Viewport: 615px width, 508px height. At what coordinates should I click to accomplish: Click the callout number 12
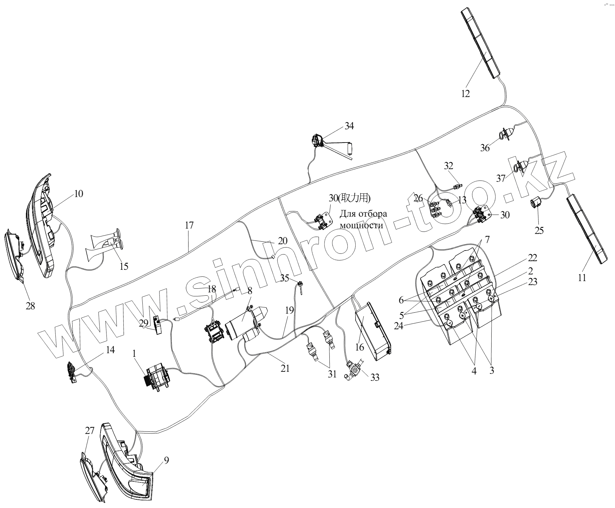click(465, 94)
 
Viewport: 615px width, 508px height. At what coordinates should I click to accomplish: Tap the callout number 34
click(349, 126)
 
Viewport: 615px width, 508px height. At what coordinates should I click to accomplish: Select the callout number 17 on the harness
click(189, 225)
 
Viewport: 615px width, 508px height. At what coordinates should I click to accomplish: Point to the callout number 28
click(30, 306)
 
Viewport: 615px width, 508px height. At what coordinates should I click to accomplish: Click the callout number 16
click(360, 347)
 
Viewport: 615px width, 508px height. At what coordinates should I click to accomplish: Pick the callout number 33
click(375, 377)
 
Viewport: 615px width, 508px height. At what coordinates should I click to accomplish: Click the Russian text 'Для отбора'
click(363, 213)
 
